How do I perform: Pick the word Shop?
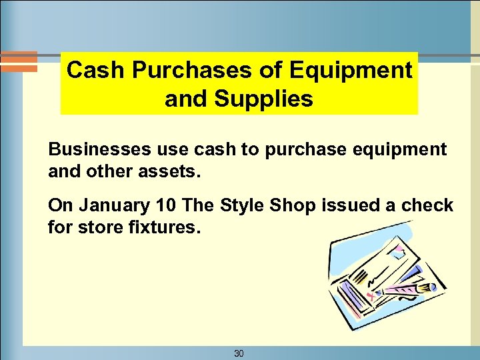coord(290,206)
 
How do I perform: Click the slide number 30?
coord(239,353)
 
